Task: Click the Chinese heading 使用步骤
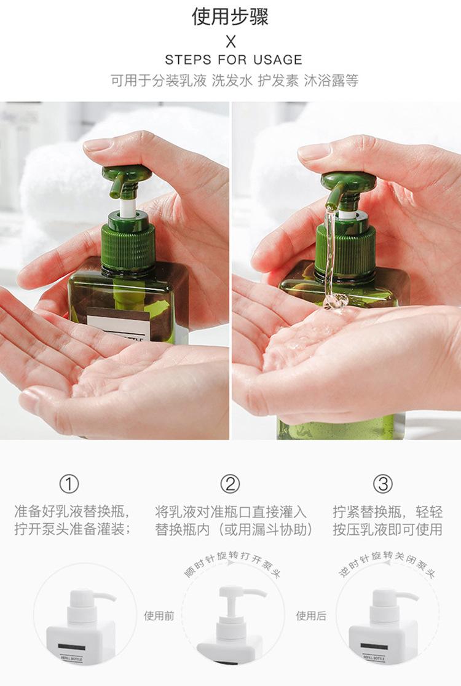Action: pos(230,17)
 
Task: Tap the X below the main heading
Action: pos(230,42)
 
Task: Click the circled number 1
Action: pos(69,484)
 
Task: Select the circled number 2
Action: pos(230,484)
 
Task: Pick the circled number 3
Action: pos(384,484)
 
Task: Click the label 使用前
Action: pos(159,615)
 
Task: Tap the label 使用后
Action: pos(311,615)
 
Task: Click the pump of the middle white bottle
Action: pos(237,599)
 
